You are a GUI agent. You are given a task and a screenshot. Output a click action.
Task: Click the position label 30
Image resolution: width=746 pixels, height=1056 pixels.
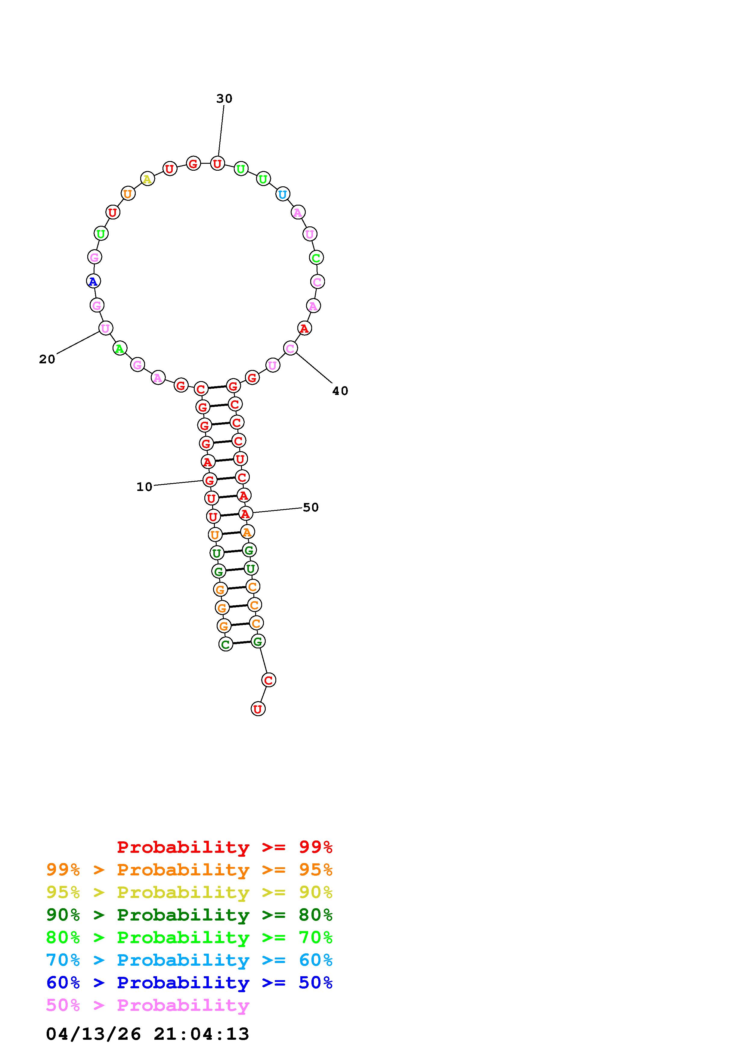(224, 98)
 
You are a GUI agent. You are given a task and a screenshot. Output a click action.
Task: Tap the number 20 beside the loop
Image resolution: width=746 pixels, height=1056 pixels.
(47, 359)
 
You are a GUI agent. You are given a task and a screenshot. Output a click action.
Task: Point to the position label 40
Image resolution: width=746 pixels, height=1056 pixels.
(340, 391)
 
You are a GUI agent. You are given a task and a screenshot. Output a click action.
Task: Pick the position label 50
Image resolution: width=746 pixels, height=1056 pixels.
(311, 507)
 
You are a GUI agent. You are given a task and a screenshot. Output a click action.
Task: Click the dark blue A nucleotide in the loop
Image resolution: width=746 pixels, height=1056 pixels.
(93, 281)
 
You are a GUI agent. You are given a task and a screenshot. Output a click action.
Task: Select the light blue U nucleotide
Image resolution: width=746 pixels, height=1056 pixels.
(282, 194)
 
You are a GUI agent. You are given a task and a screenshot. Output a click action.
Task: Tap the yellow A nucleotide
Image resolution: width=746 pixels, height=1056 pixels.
(147, 179)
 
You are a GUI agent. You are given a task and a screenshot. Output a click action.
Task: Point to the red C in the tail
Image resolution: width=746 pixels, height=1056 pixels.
(268, 680)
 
